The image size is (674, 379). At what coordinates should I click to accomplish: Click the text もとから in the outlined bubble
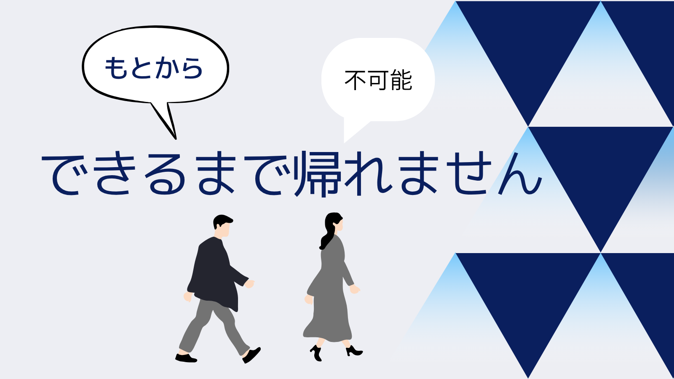click(153, 68)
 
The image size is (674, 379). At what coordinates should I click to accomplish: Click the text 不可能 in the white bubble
click(378, 80)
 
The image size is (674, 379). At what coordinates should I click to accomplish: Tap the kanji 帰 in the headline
click(318, 174)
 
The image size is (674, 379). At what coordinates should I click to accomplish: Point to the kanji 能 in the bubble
click(401, 80)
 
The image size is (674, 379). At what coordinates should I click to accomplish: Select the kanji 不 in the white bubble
click(356, 80)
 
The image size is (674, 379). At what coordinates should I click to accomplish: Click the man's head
click(223, 226)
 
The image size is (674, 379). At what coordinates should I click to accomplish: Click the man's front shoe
click(251, 355)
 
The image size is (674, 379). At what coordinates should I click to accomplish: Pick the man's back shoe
click(186, 358)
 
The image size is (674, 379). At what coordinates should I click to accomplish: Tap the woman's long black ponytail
click(327, 238)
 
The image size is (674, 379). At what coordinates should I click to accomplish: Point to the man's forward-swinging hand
click(249, 284)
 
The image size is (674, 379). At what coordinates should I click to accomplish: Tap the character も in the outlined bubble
click(115, 68)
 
